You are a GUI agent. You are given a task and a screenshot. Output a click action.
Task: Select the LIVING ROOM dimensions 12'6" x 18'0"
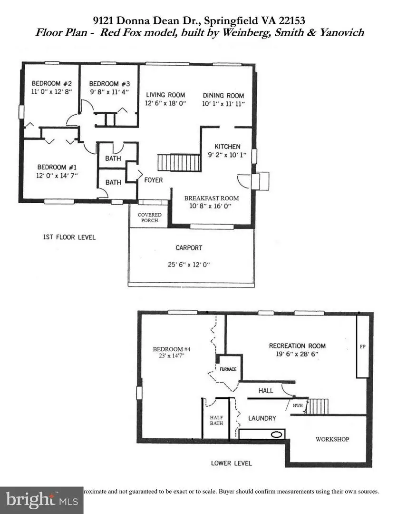(x=165, y=103)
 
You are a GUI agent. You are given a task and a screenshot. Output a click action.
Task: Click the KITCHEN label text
(x=227, y=146)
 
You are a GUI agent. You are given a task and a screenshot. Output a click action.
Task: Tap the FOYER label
(x=153, y=180)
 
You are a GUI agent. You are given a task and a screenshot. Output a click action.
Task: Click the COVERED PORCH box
(x=149, y=218)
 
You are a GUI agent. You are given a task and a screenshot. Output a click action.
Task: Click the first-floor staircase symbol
(x=174, y=162)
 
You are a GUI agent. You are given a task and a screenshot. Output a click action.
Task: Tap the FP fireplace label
(x=362, y=347)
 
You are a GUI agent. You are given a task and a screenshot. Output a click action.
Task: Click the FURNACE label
(x=227, y=369)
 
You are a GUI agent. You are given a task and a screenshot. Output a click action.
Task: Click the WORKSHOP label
(x=332, y=439)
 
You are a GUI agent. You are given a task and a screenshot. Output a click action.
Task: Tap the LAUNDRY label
(x=262, y=418)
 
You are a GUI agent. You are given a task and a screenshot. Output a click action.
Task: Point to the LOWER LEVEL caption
(x=232, y=463)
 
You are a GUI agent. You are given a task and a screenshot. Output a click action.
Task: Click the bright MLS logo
(x=41, y=500)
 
